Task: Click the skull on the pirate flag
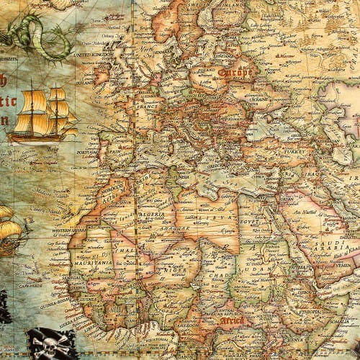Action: (x=46, y=344)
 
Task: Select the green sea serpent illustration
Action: (x=32, y=36)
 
